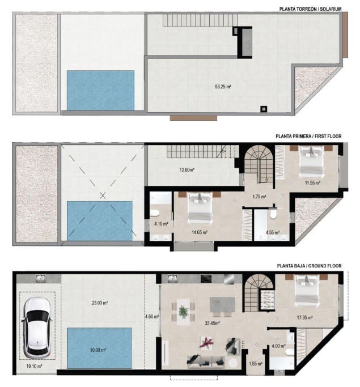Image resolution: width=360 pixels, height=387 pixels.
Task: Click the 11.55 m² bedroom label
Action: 311,183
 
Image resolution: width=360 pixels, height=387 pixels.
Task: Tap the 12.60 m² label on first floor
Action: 187,169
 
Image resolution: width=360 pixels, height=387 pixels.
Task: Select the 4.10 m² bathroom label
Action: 162,223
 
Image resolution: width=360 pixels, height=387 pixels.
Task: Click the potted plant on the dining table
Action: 184,311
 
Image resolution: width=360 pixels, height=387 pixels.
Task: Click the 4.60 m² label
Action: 152,316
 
